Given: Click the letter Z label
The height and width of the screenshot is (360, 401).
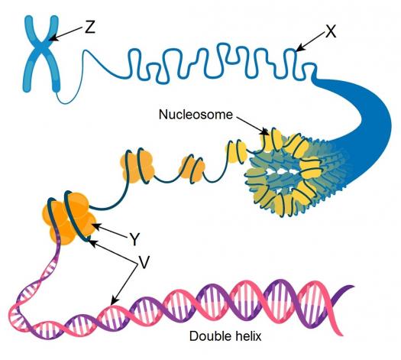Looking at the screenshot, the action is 90,27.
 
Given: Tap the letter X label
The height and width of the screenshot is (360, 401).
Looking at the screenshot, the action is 331,32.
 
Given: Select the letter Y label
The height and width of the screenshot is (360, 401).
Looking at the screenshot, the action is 134,240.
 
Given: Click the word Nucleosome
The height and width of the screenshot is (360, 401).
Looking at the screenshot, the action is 196,115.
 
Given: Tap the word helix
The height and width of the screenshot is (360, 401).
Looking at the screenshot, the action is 248,336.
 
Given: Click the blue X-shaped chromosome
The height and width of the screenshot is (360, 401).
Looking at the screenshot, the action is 42,54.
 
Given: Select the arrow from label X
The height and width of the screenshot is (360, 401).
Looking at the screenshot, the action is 311,41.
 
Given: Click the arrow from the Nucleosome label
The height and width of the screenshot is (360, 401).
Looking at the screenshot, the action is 251,125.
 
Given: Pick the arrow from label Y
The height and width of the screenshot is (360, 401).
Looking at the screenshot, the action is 111,230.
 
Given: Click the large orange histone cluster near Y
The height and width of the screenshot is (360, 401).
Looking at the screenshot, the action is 69,219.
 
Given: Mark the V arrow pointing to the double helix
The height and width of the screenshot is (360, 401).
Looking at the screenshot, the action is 125,284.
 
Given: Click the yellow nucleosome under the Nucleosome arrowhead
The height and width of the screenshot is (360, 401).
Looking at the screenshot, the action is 270,140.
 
